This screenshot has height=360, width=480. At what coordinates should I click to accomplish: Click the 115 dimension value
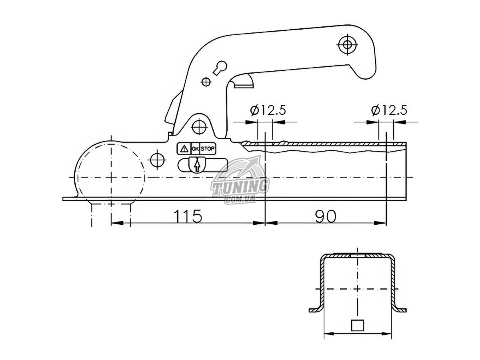[187, 216]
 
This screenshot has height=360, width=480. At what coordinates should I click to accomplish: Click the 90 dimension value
[325, 216]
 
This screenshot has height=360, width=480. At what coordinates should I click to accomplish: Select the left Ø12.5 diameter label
[268, 110]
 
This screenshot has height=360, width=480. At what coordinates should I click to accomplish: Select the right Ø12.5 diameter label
[389, 110]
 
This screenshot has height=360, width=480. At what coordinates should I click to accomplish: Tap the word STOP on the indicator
[208, 149]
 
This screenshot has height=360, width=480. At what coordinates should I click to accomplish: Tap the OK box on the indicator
[195, 149]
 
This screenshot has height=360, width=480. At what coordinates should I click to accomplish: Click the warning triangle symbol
[184, 149]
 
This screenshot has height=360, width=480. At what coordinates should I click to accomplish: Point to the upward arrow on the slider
[197, 166]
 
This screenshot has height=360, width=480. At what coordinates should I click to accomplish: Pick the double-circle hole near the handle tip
[347, 45]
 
